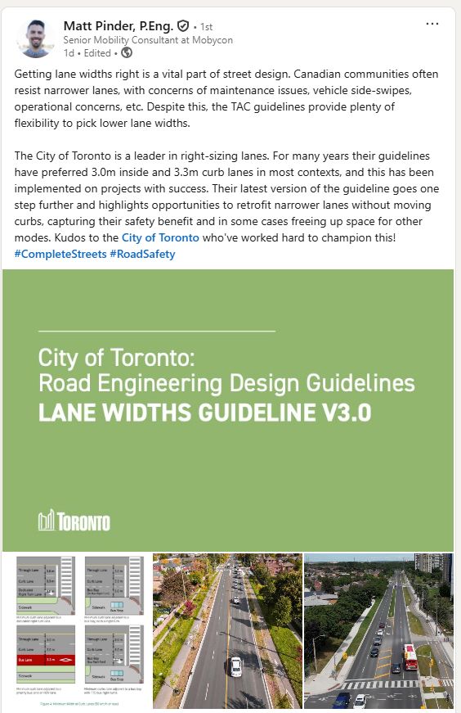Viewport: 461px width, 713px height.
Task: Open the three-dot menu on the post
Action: pos(432,24)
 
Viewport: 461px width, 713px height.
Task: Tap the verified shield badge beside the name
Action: pos(183,26)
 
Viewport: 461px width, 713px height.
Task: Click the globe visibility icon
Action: pos(126,53)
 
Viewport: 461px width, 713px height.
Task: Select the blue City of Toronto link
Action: pos(160,237)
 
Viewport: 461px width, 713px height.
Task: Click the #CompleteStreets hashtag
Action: pos(60,254)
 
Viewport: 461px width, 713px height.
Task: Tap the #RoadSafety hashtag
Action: pos(142,254)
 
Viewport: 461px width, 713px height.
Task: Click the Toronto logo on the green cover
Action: pos(74,520)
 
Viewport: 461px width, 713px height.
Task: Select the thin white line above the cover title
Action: pos(157,330)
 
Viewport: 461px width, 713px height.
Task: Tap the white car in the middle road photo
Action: pos(235,666)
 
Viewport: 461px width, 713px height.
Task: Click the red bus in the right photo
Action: pos(410,657)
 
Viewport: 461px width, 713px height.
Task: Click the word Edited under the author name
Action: pos(97,53)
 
